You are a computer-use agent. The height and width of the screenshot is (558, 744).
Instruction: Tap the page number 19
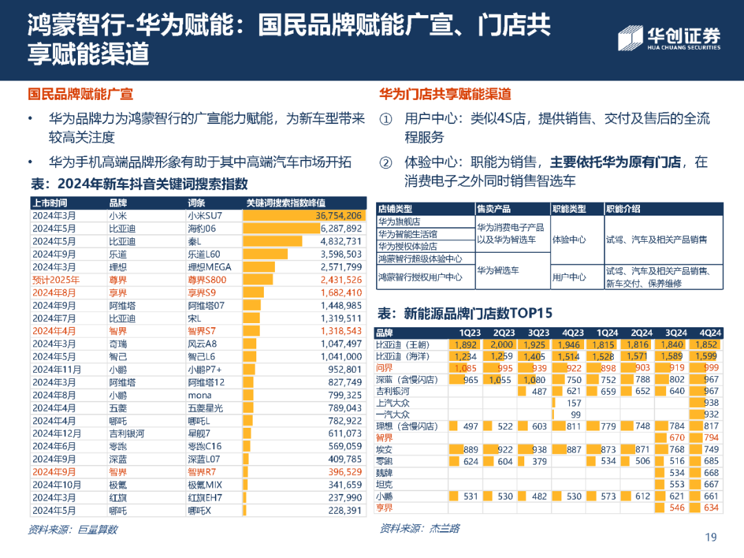711,537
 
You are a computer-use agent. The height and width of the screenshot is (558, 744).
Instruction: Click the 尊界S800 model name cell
207,280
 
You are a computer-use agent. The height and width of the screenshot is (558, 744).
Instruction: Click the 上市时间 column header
50,203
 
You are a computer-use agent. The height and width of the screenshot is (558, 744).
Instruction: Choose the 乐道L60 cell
204,254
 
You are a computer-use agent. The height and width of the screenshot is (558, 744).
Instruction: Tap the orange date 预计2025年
56,280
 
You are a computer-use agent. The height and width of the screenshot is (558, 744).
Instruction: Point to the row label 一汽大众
393,415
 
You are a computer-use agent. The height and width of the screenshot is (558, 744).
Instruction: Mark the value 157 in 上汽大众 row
573,403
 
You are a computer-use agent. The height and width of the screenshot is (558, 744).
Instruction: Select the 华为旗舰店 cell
399,222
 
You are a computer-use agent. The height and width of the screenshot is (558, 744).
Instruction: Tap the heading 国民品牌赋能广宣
81,94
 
